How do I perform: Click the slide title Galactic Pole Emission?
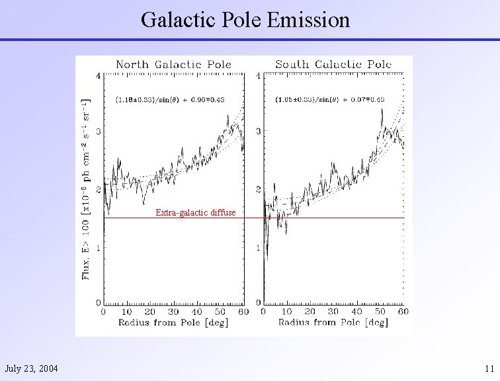(x=245, y=20)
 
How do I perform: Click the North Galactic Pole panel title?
(x=173, y=64)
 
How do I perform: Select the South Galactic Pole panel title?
(x=333, y=64)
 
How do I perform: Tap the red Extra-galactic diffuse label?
(x=195, y=212)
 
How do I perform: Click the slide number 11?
(x=488, y=368)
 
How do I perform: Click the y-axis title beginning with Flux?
(x=86, y=189)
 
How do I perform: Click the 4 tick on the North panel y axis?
(x=99, y=75)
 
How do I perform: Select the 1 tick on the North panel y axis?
(x=99, y=247)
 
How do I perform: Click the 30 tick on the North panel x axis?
(x=173, y=312)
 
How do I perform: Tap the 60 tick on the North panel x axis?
(x=242, y=312)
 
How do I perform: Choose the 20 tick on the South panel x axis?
(x=310, y=312)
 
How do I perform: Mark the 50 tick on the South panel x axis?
(x=380, y=312)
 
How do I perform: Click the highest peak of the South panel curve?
(x=382, y=110)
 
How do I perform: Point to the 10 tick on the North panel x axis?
(x=126, y=312)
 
